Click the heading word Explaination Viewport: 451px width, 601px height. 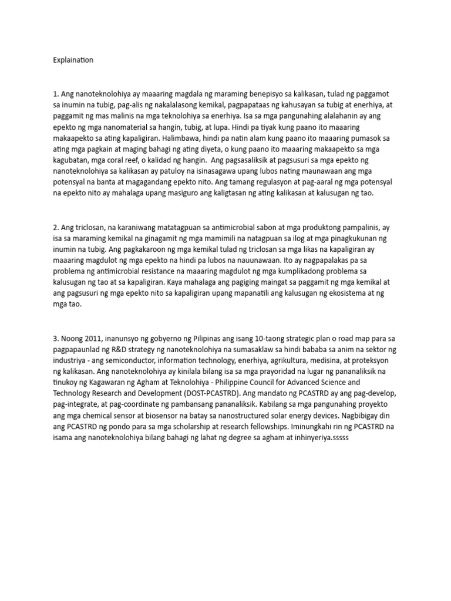[x=73, y=60]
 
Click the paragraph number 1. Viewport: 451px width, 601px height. [x=55, y=94]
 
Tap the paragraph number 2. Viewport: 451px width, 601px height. [x=55, y=227]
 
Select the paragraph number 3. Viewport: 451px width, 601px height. [x=55, y=338]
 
